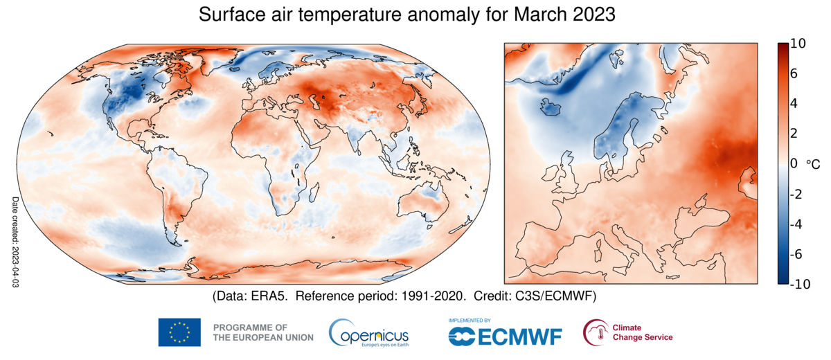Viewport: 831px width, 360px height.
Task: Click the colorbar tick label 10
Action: pyautogui.click(x=797, y=44)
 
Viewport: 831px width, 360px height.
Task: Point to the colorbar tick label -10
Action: pyautogui.click(x=800, y=283)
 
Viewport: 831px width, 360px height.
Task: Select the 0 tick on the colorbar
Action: pyautogui.click(x=794, y=163)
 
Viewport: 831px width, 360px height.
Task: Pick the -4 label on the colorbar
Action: pyautogui.click(x=796, y=224)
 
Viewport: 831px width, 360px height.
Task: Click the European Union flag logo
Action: pyautogui.click(x=179, y=332)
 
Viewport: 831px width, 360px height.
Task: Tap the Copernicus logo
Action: pyautogui.click(x=368, y=333)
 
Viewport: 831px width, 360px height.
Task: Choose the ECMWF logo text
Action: pyautogui.click(x=506, y=336)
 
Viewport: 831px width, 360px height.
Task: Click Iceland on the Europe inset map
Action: pyautogui.click(x=552, y=108)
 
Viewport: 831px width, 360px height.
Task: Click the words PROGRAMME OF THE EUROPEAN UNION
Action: pyautogui.click(x=263, y=332)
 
